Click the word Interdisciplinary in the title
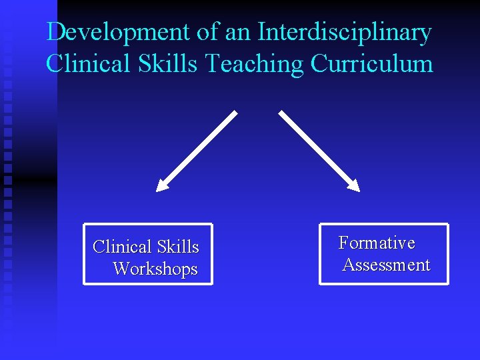tap(344, 32)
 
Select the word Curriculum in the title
tap(371, 64)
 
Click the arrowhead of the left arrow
tap(162, 185)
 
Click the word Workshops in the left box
tap(155, 269)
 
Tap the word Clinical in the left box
tap(122, 247)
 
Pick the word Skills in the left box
tap(177, 247)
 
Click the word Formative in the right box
tap(377, 243)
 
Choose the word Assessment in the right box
tap(386, 265)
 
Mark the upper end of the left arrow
tap(235, 113)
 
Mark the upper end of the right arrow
tap(281, 113)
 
